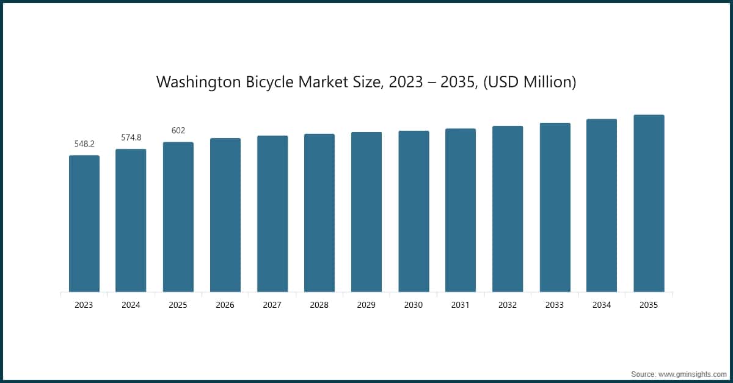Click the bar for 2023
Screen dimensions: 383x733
point(84,224)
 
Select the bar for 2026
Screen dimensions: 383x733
point(225,215)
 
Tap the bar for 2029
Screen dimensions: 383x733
point(366,212)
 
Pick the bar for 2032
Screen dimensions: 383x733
point(508,209)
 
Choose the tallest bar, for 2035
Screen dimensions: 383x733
point(649,203)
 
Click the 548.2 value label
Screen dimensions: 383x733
point(84,144)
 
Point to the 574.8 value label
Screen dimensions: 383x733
point(131,137)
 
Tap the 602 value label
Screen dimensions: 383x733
point(178,131)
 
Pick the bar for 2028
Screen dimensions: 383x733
point(319,213)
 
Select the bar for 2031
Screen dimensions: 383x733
point(461,210)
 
